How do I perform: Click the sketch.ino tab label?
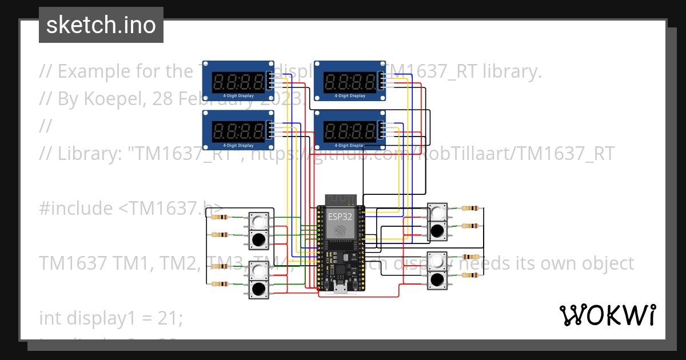point(101,25)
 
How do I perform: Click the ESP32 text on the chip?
point(340,217)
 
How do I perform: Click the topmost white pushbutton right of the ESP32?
point(438,213)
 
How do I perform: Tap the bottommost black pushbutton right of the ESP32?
point(438,280)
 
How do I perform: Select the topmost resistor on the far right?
point(470,209)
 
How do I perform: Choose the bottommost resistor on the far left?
point(220,284)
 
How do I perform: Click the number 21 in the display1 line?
point(170,318)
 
